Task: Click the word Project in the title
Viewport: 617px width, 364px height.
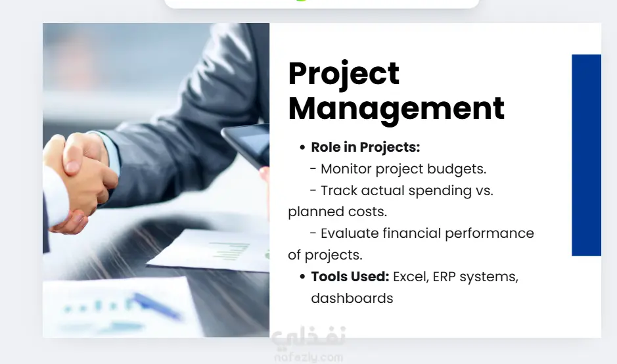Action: point(344,74)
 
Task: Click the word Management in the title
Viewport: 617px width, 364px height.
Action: point(396,109)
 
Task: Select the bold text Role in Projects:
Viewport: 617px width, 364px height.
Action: point(365,147)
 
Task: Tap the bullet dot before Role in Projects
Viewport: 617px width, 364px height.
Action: point(302,148)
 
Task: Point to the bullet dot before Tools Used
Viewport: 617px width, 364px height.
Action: point(302,277)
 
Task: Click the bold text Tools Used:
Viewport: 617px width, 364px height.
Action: point(350,277)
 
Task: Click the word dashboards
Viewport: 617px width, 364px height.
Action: point(352,298)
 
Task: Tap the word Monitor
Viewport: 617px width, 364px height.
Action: point(346,169)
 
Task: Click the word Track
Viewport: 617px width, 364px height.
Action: point(339,191)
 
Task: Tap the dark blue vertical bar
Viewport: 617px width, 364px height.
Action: point(586,155)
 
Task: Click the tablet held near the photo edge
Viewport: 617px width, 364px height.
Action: point(246,144)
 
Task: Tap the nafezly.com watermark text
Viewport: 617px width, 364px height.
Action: point(309,357)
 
